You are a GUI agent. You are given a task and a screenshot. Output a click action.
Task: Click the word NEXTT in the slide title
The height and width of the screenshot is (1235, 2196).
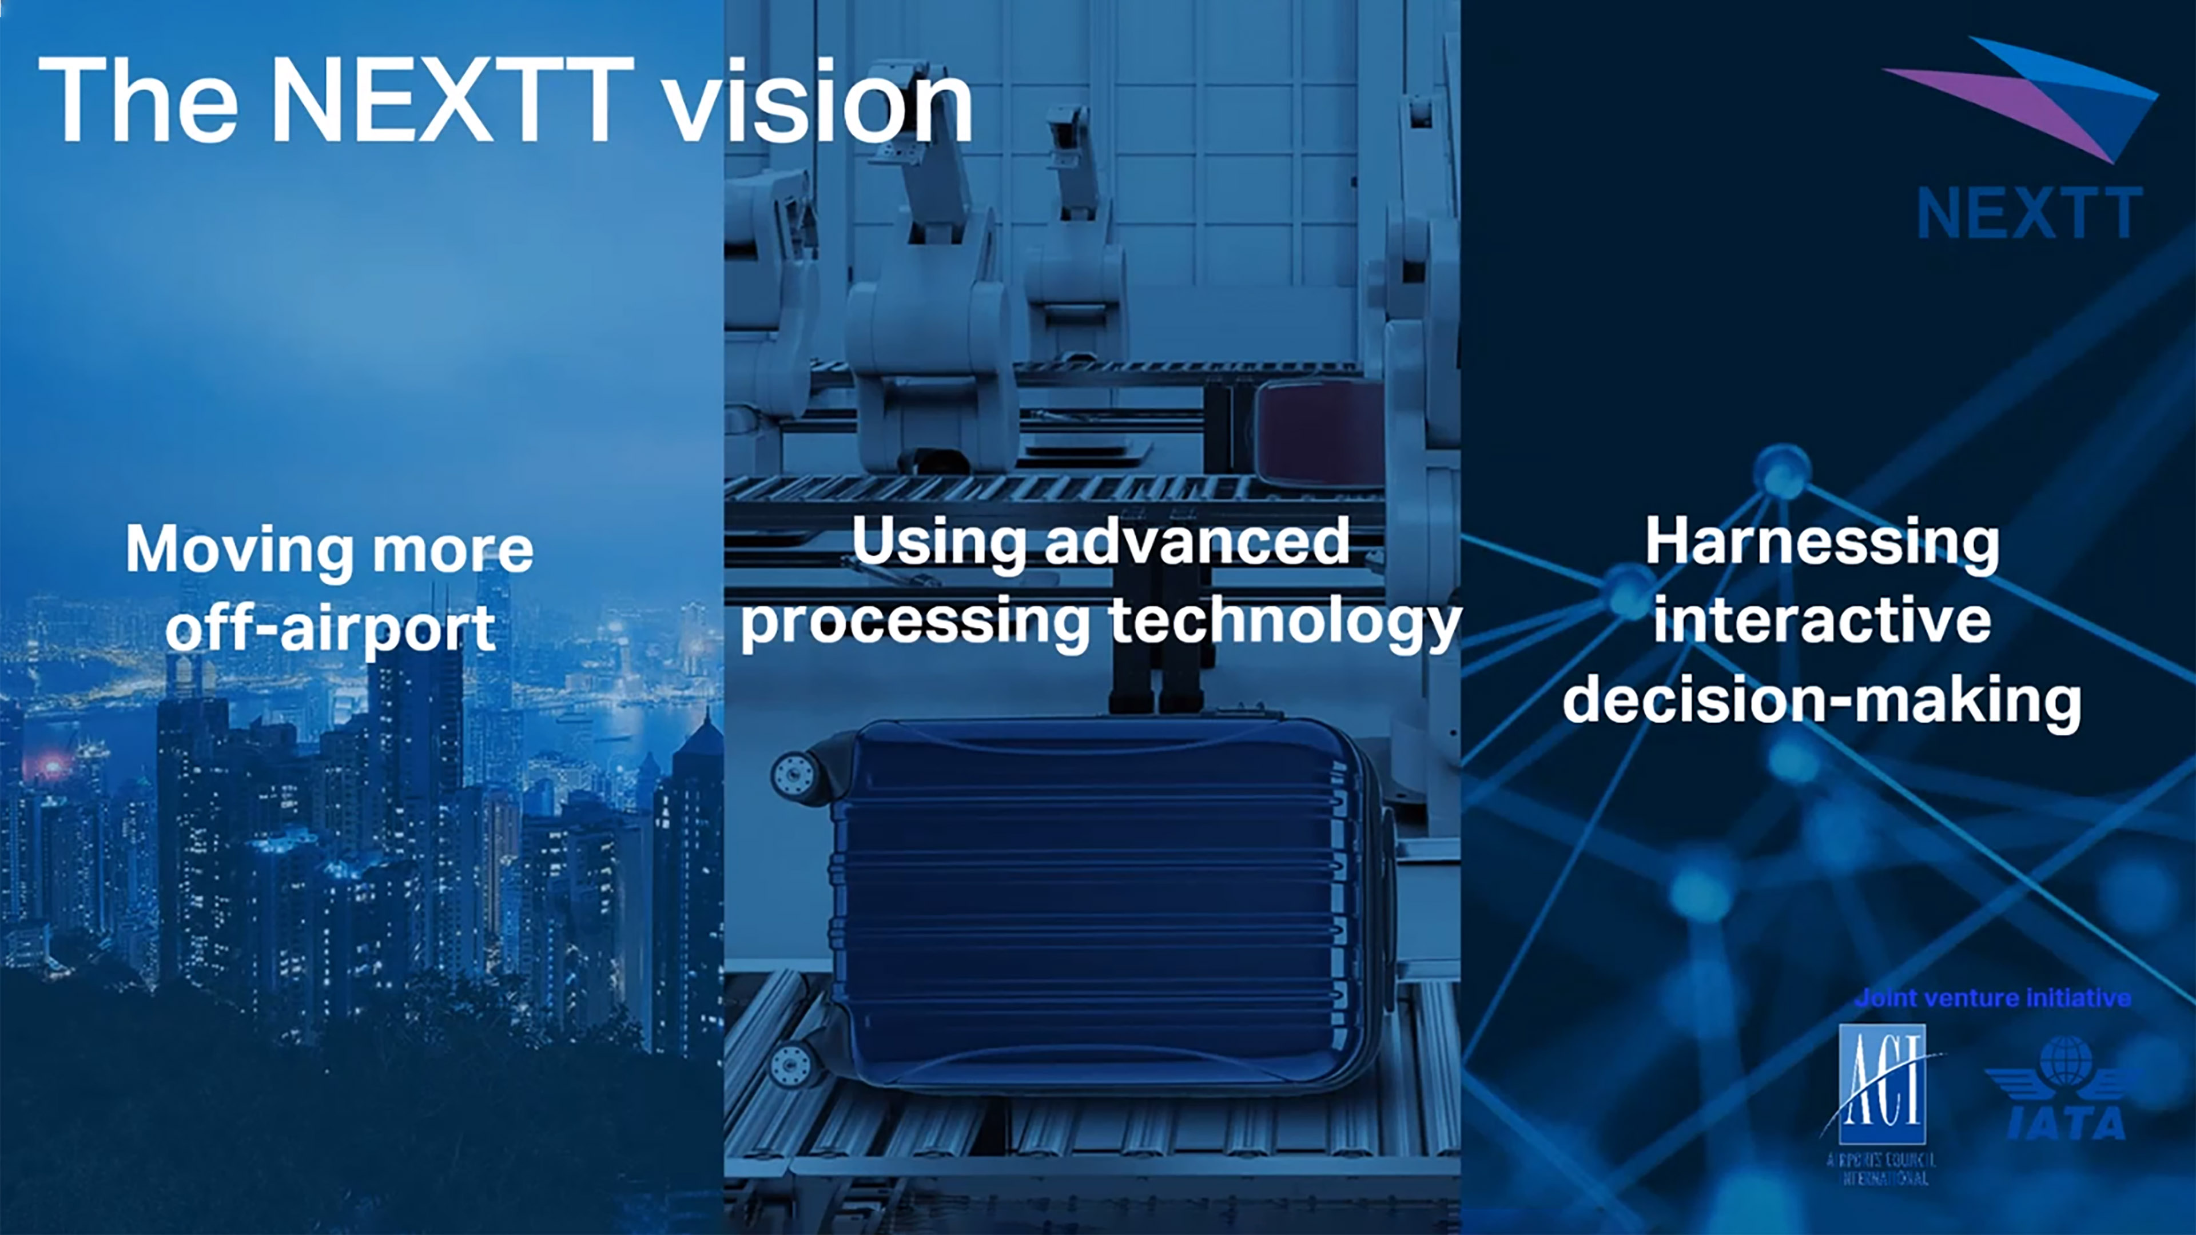point(452,101)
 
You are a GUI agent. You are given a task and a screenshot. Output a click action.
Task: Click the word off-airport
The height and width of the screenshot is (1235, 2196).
point(330,629)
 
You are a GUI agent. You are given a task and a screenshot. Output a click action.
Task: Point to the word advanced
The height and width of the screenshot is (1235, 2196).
point(1198,542)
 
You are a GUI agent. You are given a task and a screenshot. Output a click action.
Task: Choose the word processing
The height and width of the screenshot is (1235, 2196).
point(914,624)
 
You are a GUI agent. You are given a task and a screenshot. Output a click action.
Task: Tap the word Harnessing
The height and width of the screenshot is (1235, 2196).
point(1822,542)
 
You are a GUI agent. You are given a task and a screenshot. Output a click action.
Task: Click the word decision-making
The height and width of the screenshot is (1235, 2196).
point(1822,700)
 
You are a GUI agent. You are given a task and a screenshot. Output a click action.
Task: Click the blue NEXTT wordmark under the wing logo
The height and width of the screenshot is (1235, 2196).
point(2029,213)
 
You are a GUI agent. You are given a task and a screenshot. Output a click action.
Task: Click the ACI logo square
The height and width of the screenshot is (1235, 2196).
point(1881,1084)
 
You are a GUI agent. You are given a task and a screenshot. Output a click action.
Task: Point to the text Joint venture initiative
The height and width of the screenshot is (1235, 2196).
point(1992,998)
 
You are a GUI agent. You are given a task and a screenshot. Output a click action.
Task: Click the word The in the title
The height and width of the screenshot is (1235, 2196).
point(138,101)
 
